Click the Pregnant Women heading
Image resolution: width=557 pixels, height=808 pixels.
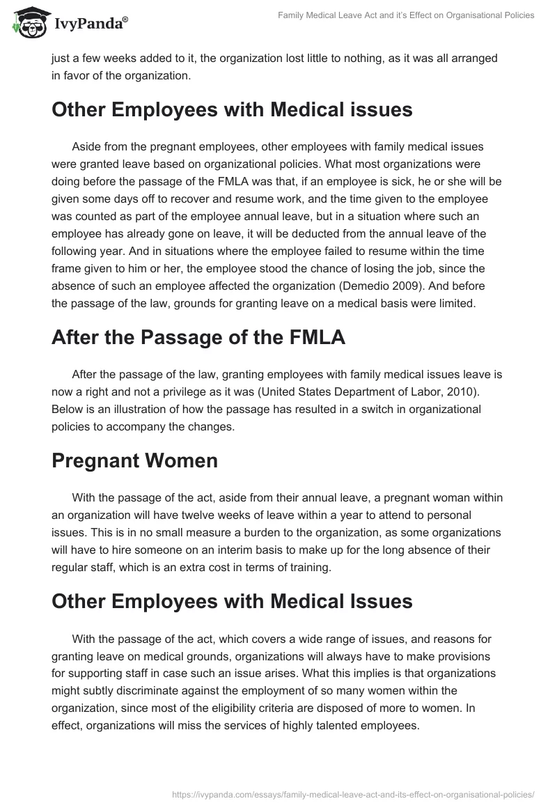[x=134, y=460]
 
